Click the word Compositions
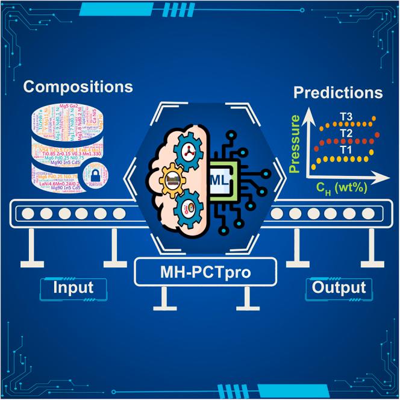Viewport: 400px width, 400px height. [78, 86]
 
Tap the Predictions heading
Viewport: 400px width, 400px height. [337, 93]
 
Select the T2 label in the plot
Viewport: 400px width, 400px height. [345, 133]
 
